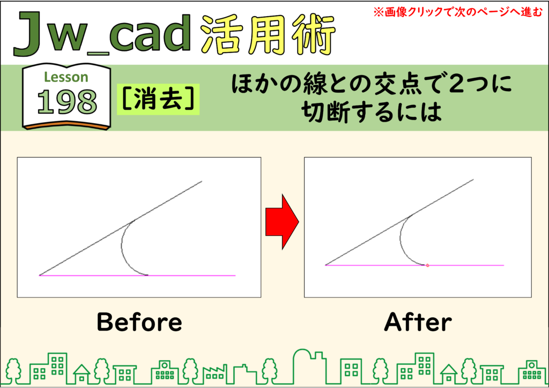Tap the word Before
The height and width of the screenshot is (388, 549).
(x=139, y=322)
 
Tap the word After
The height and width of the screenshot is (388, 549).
(x=418, y=322)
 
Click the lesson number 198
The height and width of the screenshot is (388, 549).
(x=67, y=101)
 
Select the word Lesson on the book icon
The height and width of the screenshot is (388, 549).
(x=66, y=77)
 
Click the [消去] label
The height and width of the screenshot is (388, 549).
(x=158, y=99)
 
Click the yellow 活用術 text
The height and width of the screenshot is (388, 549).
(x=269, y=34)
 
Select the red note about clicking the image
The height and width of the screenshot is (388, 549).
(x=458, y=12)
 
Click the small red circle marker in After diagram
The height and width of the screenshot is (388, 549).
(x=427, y=266)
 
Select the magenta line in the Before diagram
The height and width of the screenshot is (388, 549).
(x=137, y=275)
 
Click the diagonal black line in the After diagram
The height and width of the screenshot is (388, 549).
(x=399, y=222)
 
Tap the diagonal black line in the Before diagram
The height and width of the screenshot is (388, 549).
(x=121, y=228)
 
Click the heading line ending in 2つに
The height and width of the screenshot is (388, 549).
(x=372, y=85)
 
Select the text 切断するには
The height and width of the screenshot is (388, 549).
(x=371, y=113)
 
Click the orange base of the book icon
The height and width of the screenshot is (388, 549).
(x=66, y=125)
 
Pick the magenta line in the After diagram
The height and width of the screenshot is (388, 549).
(x=414, y=266)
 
